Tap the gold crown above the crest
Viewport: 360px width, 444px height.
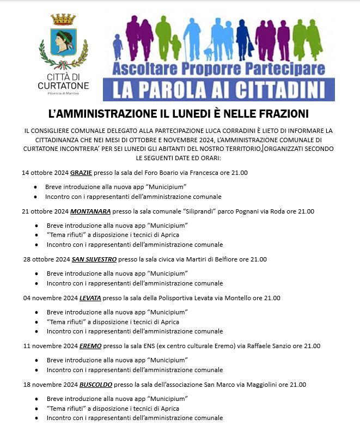coord(63,20)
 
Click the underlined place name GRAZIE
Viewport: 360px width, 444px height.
coord(81,173)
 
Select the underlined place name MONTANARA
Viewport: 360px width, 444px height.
coord(90,211)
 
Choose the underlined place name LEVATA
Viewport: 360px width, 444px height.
coord(90,298)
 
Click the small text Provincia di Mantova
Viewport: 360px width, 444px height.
coord(63,94)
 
